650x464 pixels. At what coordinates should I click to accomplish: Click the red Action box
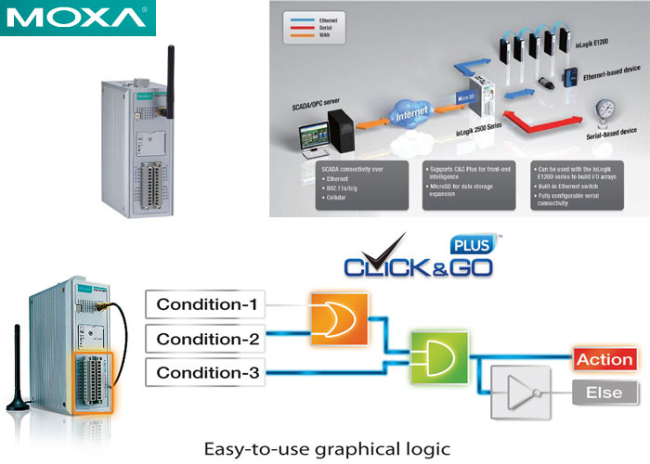604,358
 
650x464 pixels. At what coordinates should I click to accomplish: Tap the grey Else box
604,393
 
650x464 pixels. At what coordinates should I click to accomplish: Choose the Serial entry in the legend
324,28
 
